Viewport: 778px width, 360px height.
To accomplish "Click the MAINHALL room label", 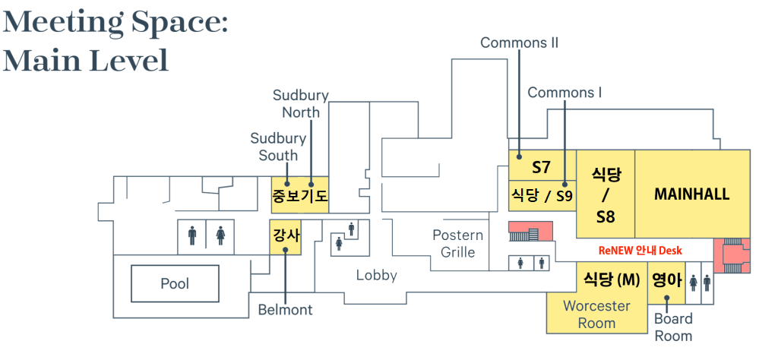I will [x=691, y=194].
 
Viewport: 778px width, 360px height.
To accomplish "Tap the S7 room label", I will [x=541, y=167].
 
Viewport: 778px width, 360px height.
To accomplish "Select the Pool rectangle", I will [x=175, y=284].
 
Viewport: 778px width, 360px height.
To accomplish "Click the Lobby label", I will [x=377, y=275].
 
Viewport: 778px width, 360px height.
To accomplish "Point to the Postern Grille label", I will [x=457, y=244].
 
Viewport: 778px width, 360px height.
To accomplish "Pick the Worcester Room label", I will [x=596, y=314].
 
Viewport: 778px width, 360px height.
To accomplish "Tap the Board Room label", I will [x=673, y=327].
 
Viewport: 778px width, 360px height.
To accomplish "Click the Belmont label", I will [x=285, y=310].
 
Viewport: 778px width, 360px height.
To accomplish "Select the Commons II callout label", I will [x=519, y=43].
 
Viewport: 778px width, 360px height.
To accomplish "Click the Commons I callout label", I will [x=565, y=93].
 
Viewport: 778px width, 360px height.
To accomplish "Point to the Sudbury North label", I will [x=301, y=104].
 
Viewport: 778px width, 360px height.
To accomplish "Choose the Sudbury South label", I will [x=278, y=147].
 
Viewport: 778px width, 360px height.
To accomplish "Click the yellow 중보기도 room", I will [x=299, y=197].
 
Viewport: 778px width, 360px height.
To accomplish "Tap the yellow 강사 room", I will [x=286, y=236].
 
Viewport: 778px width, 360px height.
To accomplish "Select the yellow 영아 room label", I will [x=668, y=279].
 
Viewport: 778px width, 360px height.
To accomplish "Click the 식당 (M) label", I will [x=612, y=279].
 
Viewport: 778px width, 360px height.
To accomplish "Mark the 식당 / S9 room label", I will [x=541, y=196].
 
